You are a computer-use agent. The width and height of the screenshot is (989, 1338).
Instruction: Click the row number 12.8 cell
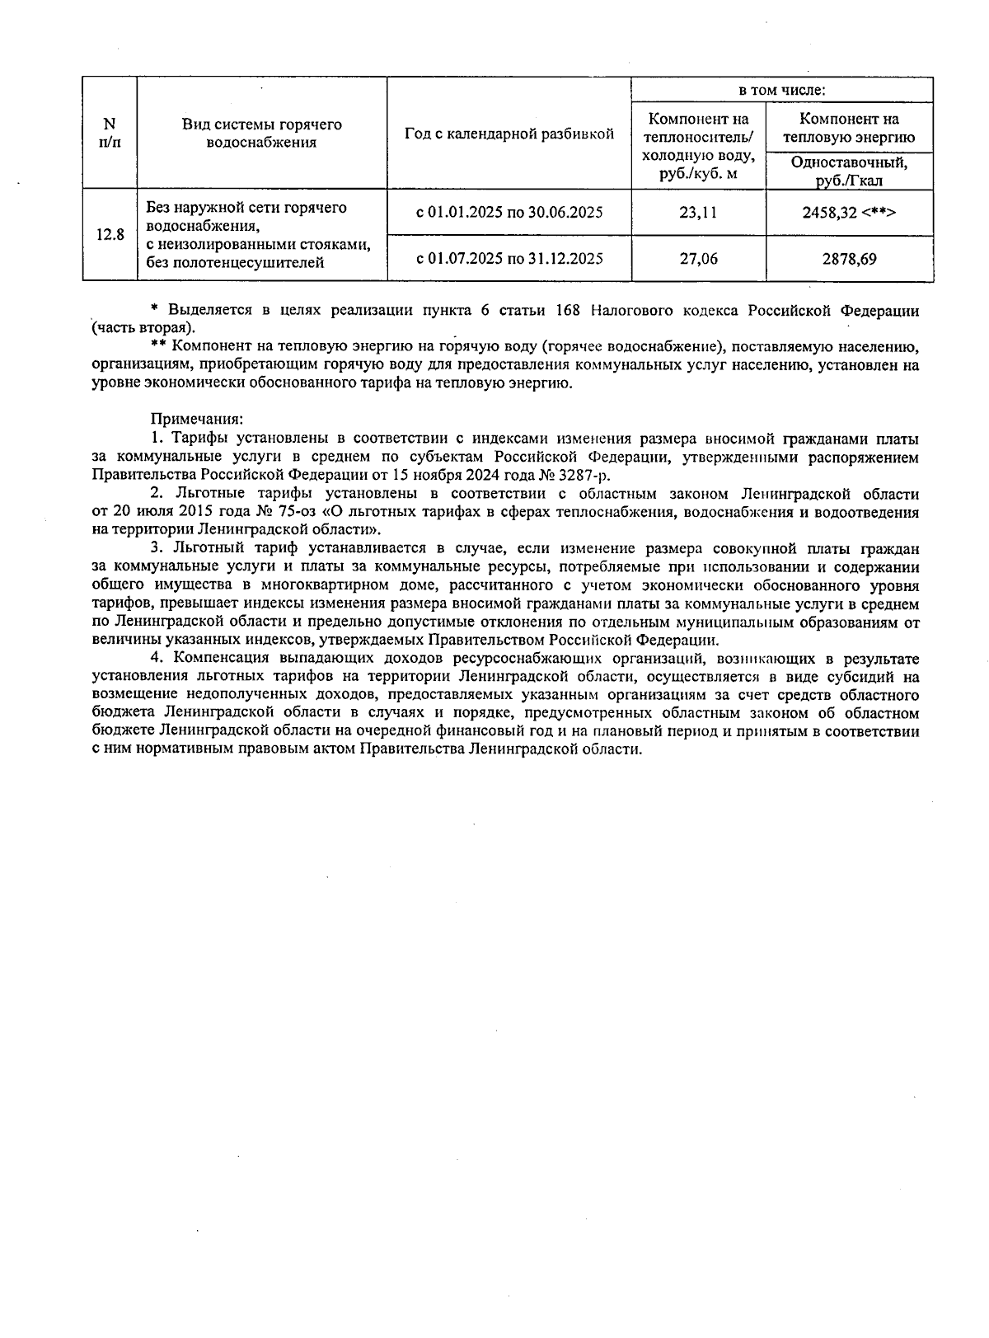tap(110, 235)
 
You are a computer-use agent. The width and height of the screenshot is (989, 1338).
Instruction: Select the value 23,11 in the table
tap(698, 213)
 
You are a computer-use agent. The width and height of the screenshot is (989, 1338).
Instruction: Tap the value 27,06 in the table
tap(698, 259)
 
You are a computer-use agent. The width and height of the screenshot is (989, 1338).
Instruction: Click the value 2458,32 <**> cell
tap(849, 213)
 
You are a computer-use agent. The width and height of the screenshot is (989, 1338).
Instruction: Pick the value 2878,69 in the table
tap(849, 259)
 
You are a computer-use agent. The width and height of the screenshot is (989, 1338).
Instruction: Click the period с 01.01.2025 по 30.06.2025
tap(509, 213)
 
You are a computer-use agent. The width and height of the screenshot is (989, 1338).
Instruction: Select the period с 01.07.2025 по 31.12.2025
tap(509, 259)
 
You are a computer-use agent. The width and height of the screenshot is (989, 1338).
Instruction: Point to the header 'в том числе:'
tap(781, 90)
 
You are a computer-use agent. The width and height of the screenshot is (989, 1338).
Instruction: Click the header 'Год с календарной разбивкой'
tap(509, 134)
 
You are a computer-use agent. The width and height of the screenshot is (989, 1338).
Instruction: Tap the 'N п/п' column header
tap(109, 134)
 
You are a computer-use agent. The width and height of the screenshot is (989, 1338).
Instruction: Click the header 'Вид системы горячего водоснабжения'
tap(261, 134)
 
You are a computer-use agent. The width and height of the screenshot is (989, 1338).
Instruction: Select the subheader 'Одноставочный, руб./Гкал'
tap(849, 171)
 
